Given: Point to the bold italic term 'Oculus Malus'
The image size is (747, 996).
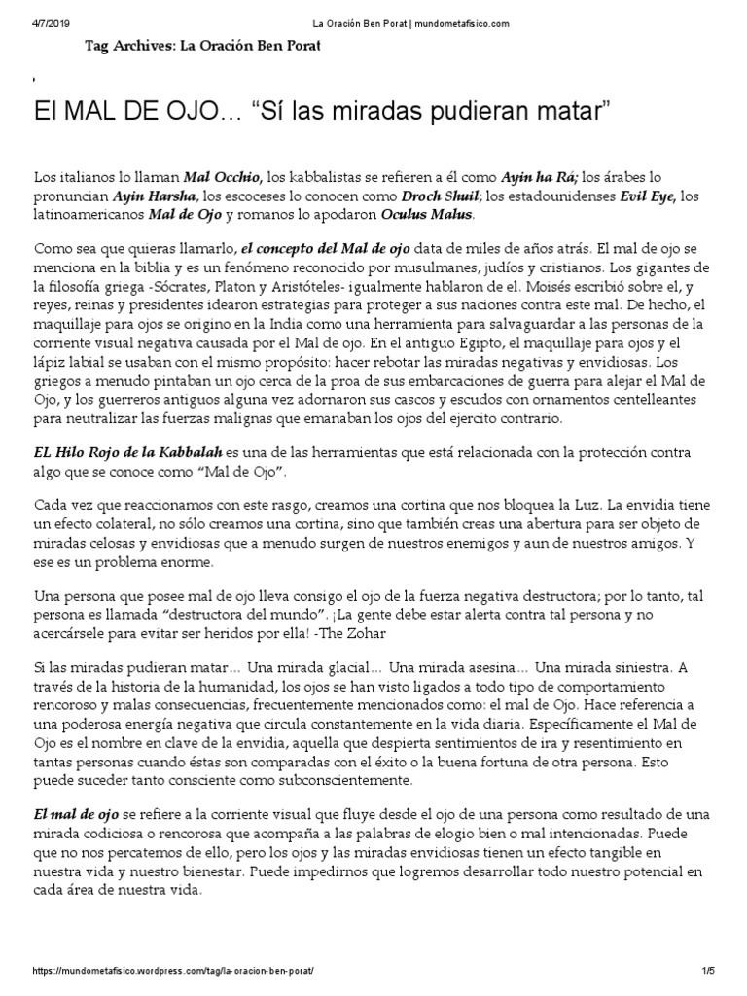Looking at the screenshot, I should (429, 213).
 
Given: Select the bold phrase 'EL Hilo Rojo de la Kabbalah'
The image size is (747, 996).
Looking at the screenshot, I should (128, 452).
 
